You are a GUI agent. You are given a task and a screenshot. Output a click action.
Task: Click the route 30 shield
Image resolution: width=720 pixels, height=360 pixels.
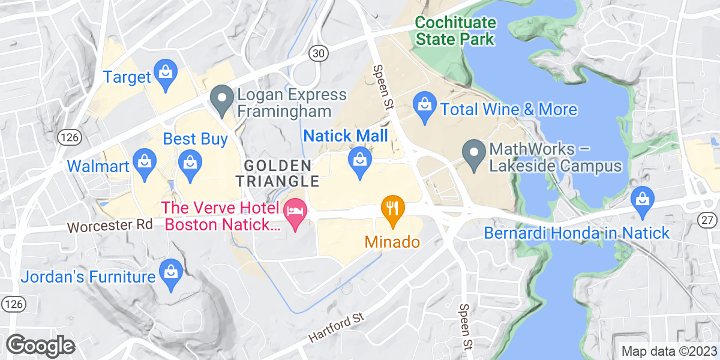(319, 54)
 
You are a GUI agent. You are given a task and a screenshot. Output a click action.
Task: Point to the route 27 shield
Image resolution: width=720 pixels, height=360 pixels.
(709, 221)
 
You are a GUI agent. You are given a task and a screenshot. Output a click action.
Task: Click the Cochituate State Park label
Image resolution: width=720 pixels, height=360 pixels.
(456, 31)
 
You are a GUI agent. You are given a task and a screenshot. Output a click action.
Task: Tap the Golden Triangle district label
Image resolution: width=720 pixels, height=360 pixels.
(277, 173)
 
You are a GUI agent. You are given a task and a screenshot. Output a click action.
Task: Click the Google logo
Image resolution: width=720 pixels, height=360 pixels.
(40, 345)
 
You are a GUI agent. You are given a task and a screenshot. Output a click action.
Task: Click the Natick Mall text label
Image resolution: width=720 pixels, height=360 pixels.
(345, 136)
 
